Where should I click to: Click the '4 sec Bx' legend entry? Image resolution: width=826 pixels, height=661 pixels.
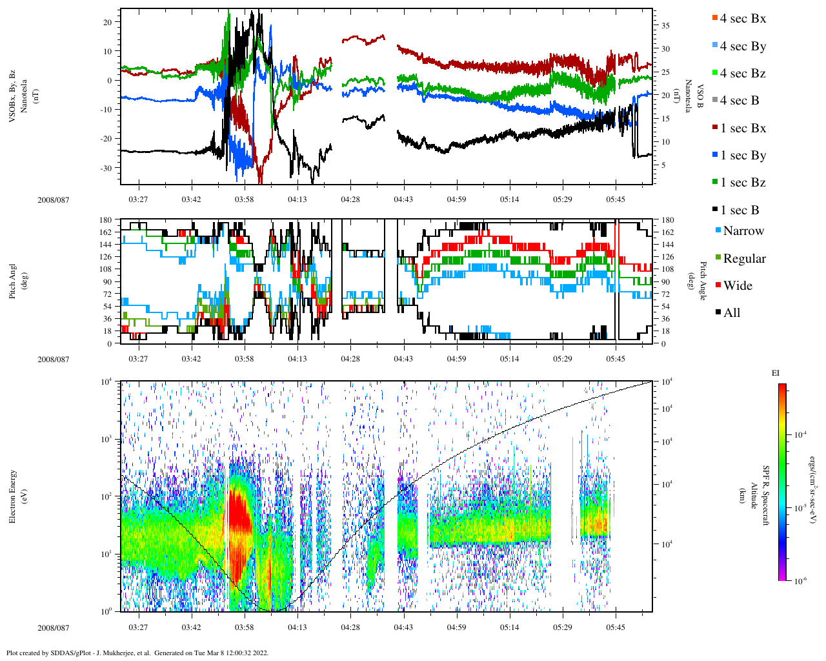coord(742,19)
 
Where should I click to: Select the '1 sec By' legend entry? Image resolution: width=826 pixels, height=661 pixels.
coord(743,156)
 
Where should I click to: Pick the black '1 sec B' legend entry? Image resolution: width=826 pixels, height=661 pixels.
coord(740,210)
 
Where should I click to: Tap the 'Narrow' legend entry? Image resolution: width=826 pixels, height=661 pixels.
coord(743,231)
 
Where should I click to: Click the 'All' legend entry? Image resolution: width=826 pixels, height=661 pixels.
coord(731,313)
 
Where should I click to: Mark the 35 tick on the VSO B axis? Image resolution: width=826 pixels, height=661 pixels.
coord(664,26)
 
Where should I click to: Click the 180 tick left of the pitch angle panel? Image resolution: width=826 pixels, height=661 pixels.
coord(106,220)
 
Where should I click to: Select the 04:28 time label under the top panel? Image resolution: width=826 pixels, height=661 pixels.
coord(350,199)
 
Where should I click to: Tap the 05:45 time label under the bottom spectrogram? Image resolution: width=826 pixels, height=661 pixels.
coord(615,627)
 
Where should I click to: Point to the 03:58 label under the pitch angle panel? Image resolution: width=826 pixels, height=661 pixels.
coord(244,359)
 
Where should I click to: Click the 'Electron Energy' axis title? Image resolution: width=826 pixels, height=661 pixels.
coord(13,496)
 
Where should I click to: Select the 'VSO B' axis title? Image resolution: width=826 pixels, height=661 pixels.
coord(699,96)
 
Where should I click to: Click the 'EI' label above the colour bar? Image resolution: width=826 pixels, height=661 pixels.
coord(775,373)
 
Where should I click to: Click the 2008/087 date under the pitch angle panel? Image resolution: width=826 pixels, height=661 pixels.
coord(53,359)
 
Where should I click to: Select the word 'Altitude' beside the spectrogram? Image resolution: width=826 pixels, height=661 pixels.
coord(753,496)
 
